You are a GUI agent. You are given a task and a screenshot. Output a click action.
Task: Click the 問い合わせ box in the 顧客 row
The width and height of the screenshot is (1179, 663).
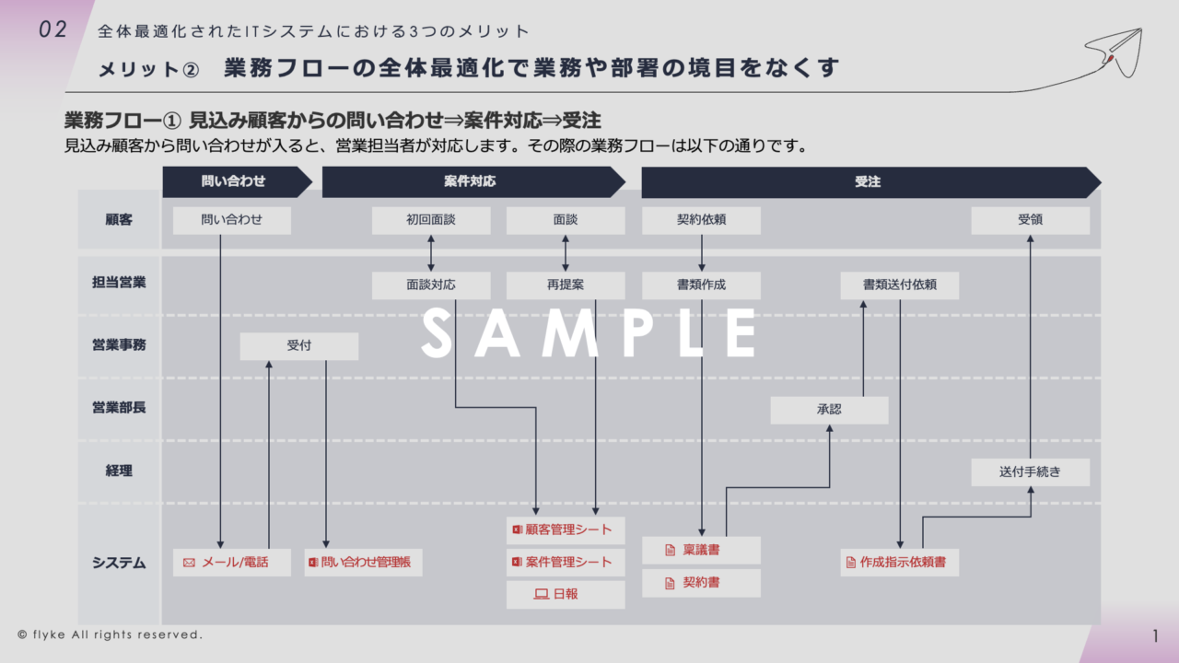[232, 220]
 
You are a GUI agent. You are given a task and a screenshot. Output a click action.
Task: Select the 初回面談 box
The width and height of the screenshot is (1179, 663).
[431, 220]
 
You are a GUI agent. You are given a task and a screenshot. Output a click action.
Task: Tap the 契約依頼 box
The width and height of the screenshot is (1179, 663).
[701, 220]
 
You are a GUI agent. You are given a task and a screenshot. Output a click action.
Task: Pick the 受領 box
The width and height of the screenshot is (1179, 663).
[1030, 220]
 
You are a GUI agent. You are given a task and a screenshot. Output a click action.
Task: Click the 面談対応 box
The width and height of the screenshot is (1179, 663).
[431, 285]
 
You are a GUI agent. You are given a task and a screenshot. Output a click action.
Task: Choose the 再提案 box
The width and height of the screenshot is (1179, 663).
[566, 285]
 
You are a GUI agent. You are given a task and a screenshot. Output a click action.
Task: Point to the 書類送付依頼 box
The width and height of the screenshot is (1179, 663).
[899, 285]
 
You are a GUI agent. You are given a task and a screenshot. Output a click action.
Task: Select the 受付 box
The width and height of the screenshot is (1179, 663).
[299, 346]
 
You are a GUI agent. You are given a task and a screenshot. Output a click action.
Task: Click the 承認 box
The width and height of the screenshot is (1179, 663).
[829, 410]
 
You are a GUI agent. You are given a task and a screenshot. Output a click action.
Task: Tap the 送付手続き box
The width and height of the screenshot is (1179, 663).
[1030, 472]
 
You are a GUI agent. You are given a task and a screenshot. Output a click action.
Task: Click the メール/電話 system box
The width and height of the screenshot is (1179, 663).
[232, 563]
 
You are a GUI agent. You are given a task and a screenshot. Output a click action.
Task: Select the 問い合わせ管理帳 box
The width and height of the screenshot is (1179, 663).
[363, 563]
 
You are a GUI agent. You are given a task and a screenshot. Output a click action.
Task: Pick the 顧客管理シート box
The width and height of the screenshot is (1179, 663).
[566, 530]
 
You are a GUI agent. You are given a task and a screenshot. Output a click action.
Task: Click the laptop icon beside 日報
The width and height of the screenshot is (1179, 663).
[542, 595]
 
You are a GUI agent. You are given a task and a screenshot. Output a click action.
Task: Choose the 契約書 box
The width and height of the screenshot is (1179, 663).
[701, 583]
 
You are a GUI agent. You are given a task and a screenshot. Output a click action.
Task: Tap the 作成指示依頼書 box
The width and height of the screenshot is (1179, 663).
[899, 563]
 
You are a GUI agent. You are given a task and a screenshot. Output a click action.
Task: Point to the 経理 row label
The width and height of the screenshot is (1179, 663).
[119, 471]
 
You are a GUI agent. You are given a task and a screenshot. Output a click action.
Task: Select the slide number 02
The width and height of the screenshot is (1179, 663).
[53, 30]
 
